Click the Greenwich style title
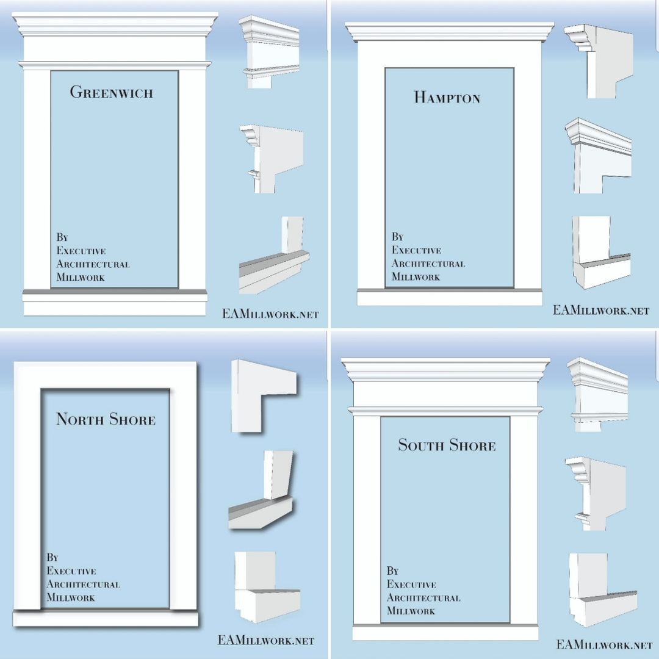click(112, 92)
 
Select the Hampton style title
click(447, 97)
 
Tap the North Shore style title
click(106, 419)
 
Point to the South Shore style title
click(447, 445)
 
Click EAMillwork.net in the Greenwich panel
click(270, 315)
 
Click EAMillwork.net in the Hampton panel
click(601, 310)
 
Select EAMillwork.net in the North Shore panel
click(265, 641)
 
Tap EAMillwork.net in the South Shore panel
click(604, 644)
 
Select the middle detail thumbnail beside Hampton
click(598, 156)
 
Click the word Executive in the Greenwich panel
click(81, 251)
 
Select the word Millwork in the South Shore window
click(411, 611)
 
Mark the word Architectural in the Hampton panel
click(428, 264)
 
